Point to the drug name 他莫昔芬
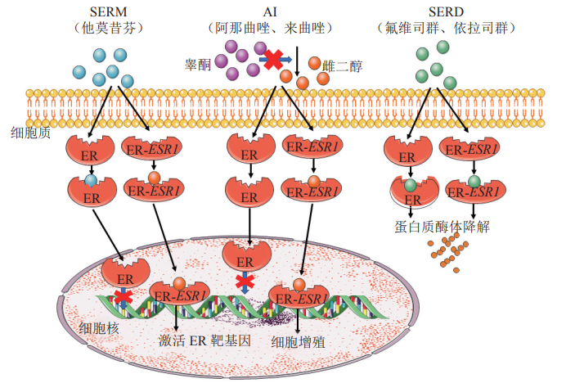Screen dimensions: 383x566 pyautogui.click(x=108, y=28)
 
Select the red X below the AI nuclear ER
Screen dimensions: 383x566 pyautogui.click(x=243, y=282)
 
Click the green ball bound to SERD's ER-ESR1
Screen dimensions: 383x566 pyautogui.click(x=474, y=181)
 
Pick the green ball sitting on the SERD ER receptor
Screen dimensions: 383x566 pyautogui.click(x=411, y=185)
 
